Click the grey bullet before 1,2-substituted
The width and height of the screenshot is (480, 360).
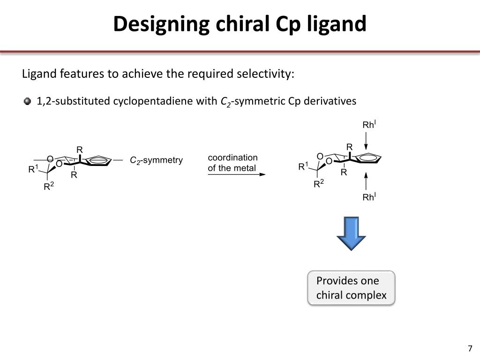(x=28, y=101)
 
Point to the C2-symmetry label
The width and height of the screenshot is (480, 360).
(x=156, y=160)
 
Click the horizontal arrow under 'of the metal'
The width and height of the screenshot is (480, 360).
(x=236, y=174)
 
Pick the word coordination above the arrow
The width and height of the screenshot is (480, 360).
(x=232, y=157)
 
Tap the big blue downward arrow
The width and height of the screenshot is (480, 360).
(x=352, y=233)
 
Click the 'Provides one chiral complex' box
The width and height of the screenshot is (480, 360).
(x=351, y=288)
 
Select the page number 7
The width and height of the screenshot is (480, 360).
(x=470, y=349)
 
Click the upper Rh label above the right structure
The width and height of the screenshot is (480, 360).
(x=369, y=125)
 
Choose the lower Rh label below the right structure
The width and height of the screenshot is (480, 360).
(x=369, y=197)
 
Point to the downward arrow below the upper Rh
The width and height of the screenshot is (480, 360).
(x=366, y=140)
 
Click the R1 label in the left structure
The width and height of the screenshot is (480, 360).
(x=33, y=169)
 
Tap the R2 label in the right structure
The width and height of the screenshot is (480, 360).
(x=319, y=184)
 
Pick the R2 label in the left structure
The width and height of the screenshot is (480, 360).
(x=49, y=187)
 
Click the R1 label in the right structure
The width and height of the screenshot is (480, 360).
(x=303, y=166)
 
